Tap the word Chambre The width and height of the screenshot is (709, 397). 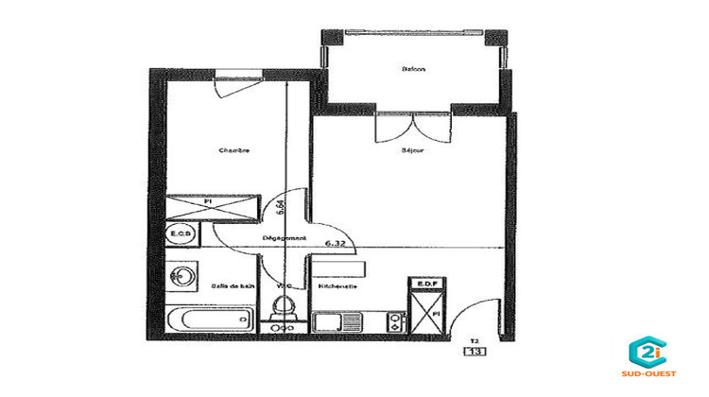coord(233,150)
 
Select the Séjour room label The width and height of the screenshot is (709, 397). coord(411,149)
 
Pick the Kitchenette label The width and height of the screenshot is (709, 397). coord(337,285)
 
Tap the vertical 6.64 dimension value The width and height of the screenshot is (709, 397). coord(282,206)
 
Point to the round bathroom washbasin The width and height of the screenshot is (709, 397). coord(182,277)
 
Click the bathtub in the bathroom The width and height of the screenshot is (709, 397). coord(210,317)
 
